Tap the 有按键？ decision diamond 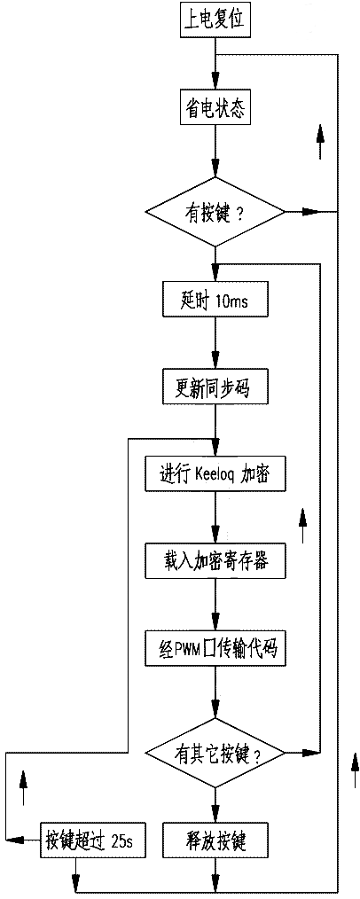pyautogui.click(x=215, y=212)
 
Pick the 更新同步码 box pyautogui.click(x=215, y=389)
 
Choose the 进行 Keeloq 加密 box pyautogui.click(x=215, y=473)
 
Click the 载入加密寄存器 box pyautogui.click(x=215, y=561)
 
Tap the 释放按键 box pyautogui.click(x=215, y=841)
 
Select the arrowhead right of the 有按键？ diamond pyautogui.click(x=310, y=212)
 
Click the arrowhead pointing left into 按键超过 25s pyautogui.click(x=15, y=841)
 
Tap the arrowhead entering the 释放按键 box pyautogui.click(x=215, y=815)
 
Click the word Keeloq pyautogui.click(x=215, y=474)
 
